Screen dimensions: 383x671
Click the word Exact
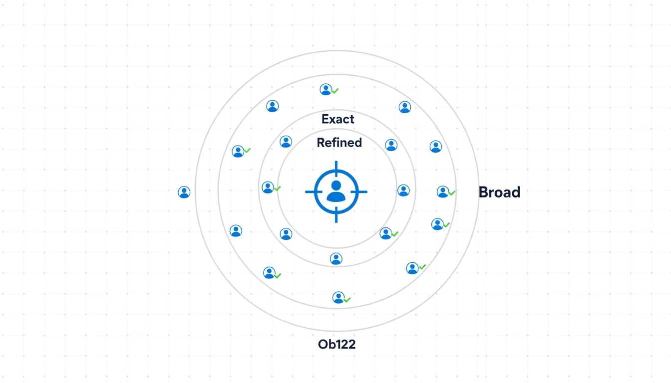338,119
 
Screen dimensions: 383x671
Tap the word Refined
339,143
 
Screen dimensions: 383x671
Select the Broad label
499,192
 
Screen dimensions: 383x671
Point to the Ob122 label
336,344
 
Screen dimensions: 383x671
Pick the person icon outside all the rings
184,192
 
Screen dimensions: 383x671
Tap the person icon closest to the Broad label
442,191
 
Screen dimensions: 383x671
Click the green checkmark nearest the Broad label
452,193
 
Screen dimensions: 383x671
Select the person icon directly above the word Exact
326,89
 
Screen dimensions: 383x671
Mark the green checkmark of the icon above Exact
335,91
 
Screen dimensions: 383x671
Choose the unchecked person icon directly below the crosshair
336,258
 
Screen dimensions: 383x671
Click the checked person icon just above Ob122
338,298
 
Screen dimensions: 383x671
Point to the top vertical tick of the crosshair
336,166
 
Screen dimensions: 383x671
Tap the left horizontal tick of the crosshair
310,191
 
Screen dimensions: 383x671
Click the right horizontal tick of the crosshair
362,191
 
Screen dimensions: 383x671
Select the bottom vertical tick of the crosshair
336,217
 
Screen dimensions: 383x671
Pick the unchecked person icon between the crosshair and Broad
403,190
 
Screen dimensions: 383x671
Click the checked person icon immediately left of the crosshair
268,187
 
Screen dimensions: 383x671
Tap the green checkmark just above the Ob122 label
347,300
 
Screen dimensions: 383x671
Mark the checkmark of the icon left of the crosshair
277,189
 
